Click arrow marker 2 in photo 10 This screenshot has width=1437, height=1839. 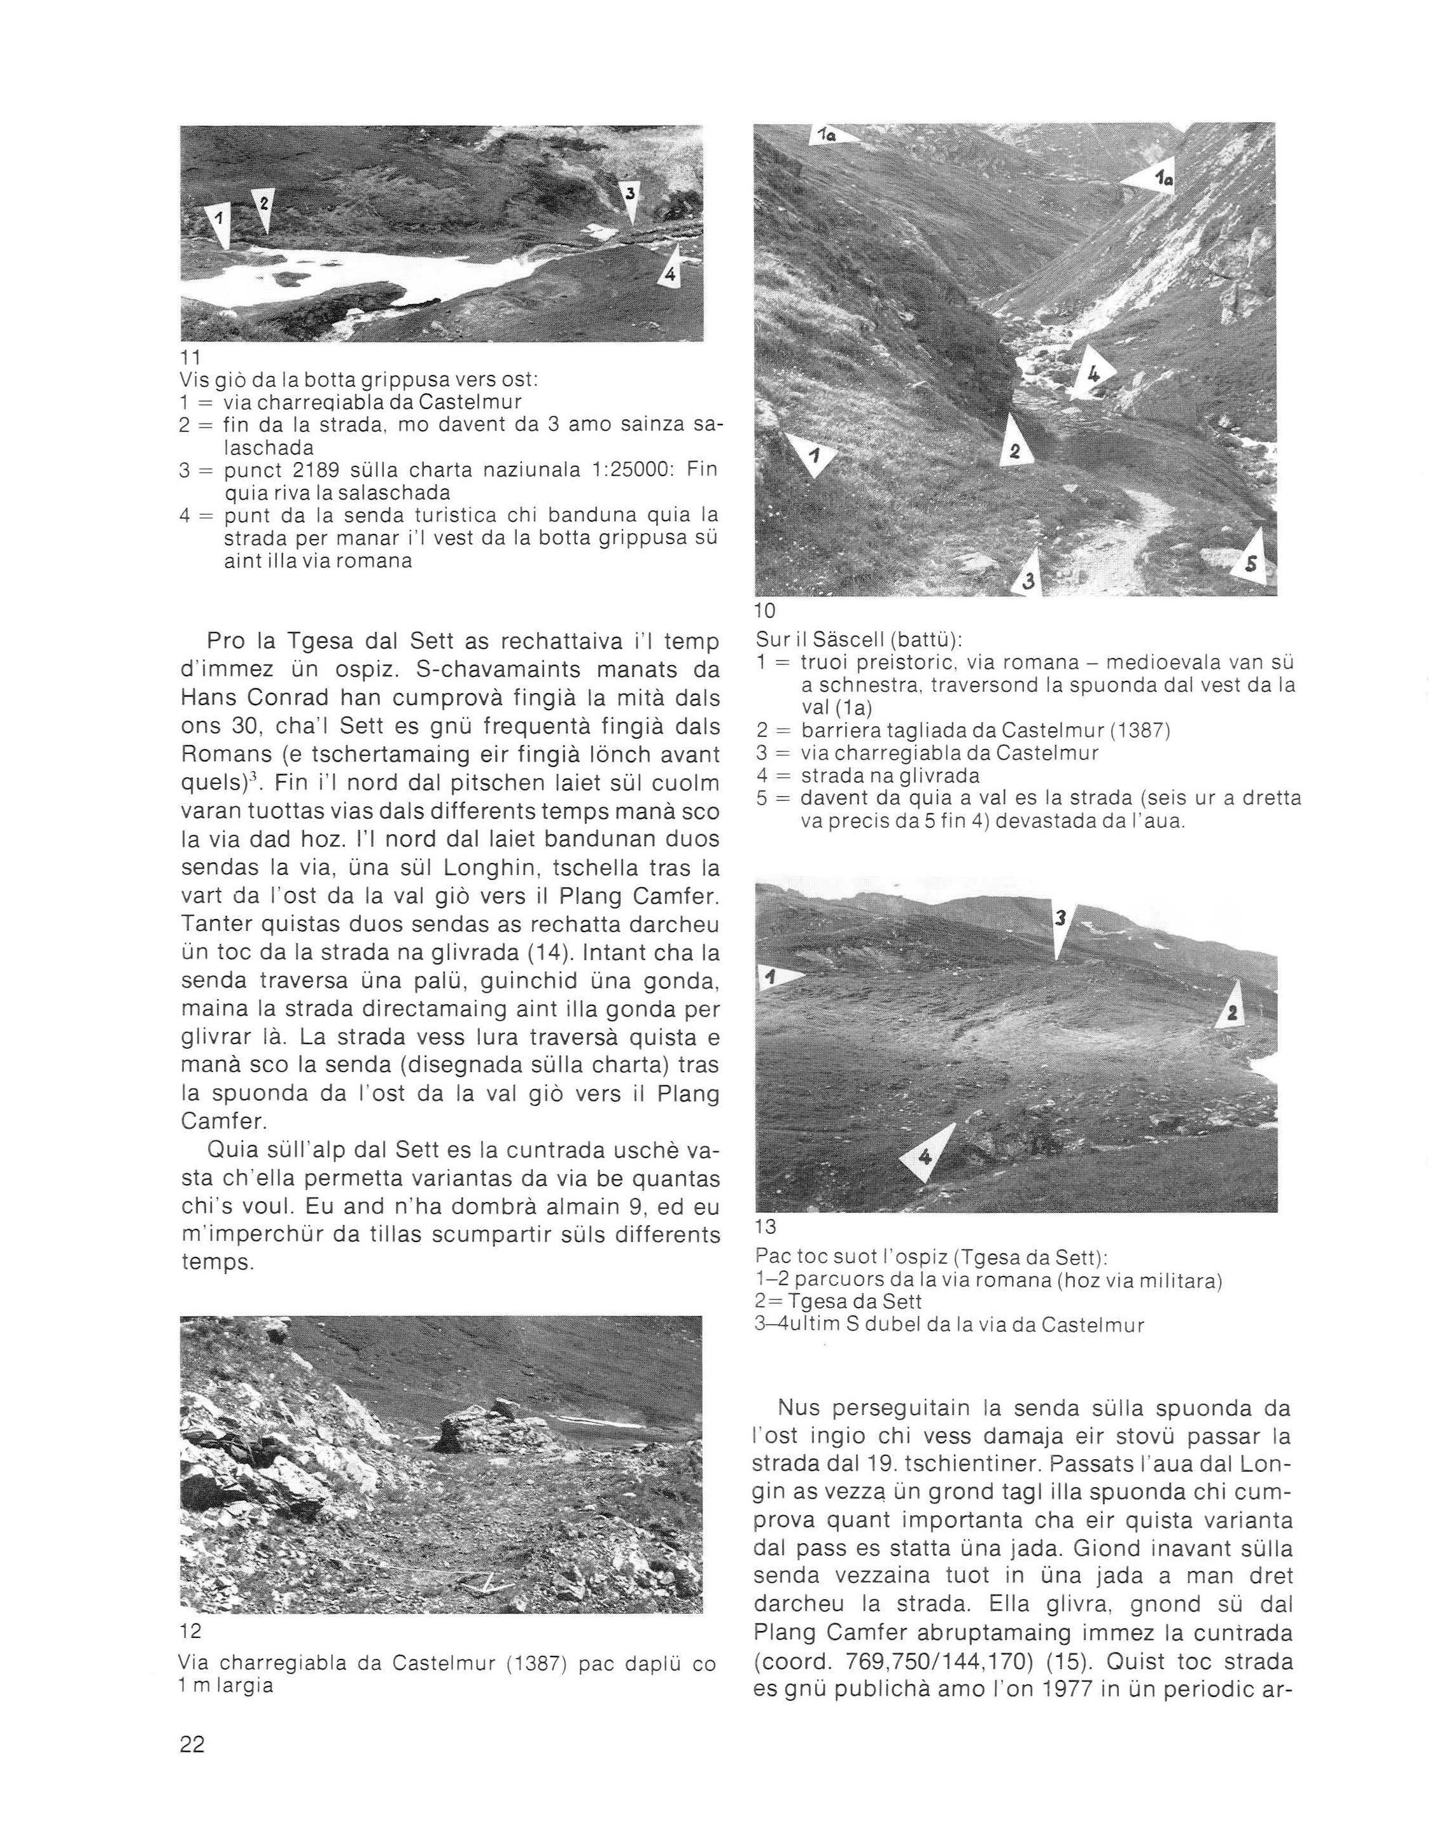[x=1013, y=446]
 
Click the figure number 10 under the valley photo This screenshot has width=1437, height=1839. [x=766, y=610]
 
